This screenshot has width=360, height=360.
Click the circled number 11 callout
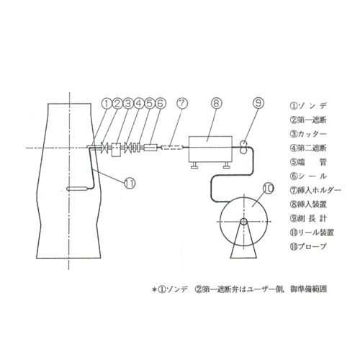point(129,183)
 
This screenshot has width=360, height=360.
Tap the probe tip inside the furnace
point(77,189)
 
